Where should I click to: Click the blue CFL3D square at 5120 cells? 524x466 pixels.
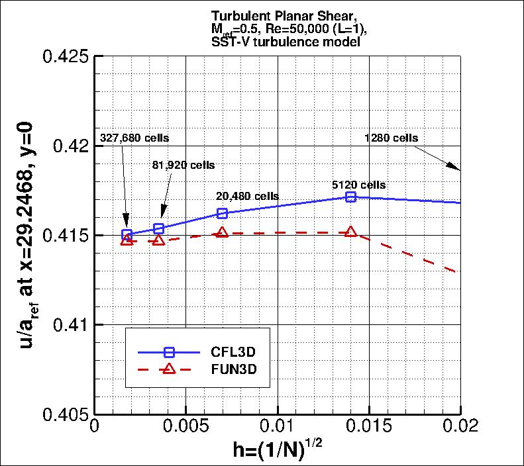351,197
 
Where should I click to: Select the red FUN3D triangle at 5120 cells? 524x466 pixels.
351,232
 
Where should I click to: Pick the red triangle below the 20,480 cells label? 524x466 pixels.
223,232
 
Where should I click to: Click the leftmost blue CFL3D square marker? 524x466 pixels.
127,234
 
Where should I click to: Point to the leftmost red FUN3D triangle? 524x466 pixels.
127,240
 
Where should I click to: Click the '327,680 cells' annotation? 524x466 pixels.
134,138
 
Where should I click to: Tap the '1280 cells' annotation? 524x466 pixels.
391,138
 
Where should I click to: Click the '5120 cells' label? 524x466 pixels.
358,185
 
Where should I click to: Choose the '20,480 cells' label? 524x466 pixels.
247,196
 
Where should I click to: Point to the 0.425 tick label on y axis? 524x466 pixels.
66,56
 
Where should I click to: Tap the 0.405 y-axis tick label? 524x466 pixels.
66,414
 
